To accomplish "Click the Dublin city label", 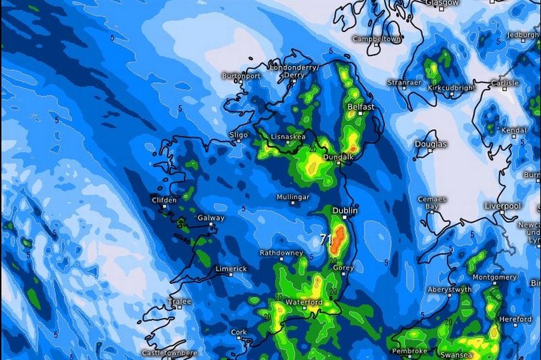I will tap(345, 210).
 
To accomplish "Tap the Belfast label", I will tap(361, 107).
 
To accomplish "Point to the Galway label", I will tap(210, 218).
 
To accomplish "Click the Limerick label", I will tap(231, 268).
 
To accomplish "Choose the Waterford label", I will tap(304, 303).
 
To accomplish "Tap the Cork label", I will tap(238, 332).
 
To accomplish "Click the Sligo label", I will tap(238, 134).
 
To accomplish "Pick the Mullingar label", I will tap(293, 198).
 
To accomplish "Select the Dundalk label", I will tap(337, 157).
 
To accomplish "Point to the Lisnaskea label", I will tap(288, 136).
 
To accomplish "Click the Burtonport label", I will tap(240, 76).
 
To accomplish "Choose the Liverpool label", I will tap(502, 206).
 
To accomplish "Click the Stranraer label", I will tap(405, 83).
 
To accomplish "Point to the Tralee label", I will tap(179, 301).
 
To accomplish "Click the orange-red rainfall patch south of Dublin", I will tap(339, 239).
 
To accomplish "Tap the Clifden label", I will tap(164, 200).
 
